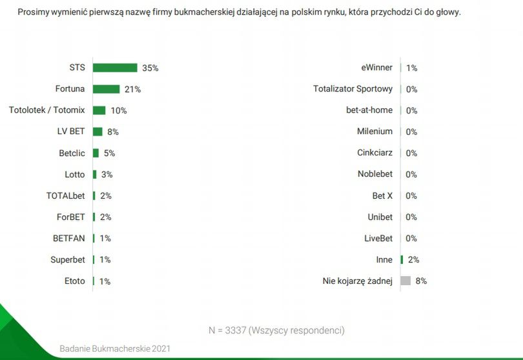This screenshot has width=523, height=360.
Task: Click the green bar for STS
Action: pyautogui.click(x=115, y=68)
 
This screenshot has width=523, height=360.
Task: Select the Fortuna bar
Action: pyautogui.click(x=106, y=89)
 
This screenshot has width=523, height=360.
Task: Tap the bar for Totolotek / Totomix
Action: pyautogui.click(x=99, y=110)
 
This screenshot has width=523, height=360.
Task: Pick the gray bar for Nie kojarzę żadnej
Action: pyautogui.click(x=405, y=281)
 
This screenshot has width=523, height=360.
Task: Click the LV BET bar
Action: pyautogui.click(x=97, y=132)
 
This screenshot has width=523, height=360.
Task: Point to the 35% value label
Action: pyautogui.click(x=150, y=68)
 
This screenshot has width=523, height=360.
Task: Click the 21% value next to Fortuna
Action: pyautogui.click(x=133, y=89)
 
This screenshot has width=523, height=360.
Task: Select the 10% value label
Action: pyautogui.click(x=119, y=110)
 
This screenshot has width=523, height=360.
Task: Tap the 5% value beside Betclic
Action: pyautogui.click(x=109, y=153)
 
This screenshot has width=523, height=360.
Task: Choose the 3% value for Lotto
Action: pyautogui.click(x=107, y=174)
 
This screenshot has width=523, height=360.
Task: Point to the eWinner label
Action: pyautogui.click(x=377, y=68)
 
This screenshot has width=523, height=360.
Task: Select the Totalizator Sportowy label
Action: pyautogui.click(x=353, y=89)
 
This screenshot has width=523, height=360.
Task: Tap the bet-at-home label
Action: pyautogui.click(x=369, y=110)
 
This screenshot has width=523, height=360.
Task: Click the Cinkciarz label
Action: pyautogui.click(x=374, y=153)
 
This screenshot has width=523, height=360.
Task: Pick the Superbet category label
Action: pyautogui.click(x=68, y=259)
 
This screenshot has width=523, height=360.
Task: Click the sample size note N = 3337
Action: pyautogui.click(x=276, y=330)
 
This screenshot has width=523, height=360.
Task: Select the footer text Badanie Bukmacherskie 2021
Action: pyautogui.click(x=115, y=348)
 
